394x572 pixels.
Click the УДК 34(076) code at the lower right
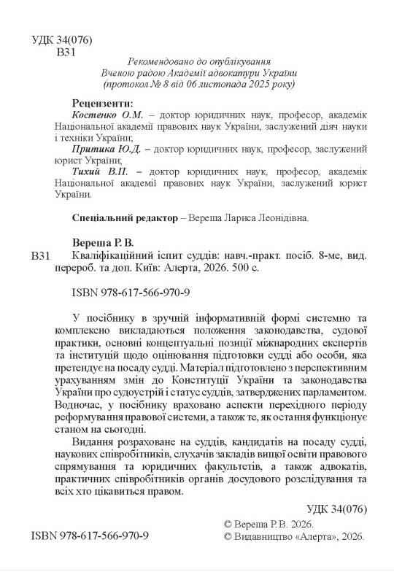point(330,509)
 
